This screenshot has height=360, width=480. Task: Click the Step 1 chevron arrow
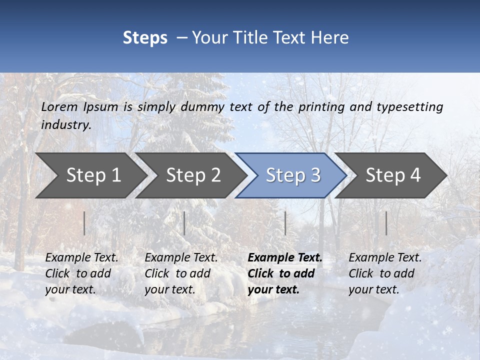tap(92, 175)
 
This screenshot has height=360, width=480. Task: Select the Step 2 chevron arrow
tap(192, 175)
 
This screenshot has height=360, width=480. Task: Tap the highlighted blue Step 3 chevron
tap(292, 175)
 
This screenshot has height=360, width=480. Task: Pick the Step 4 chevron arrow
tap(392, 175)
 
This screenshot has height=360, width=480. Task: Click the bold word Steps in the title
tap(145, 38)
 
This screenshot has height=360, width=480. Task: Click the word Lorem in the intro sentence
tap(59, 107)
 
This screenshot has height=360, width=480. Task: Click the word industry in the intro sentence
tap(65, 125)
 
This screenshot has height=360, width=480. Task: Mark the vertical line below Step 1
tap(84, 223)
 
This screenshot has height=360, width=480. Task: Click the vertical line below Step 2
tap(184, 223)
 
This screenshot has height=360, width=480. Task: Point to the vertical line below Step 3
tap(285, 223)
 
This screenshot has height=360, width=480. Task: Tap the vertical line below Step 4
tap(386, 223)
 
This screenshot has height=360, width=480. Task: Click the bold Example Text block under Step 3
tap(285, 273)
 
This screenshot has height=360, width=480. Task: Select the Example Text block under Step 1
tap(81, 273)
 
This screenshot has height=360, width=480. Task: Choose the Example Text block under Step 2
tap(181, 273)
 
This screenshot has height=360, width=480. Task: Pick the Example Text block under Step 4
tap(385, 273)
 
